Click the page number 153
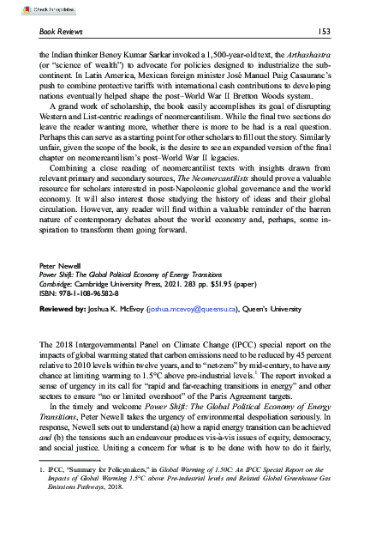tap(324, 32)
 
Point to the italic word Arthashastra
tap(303, 52)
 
